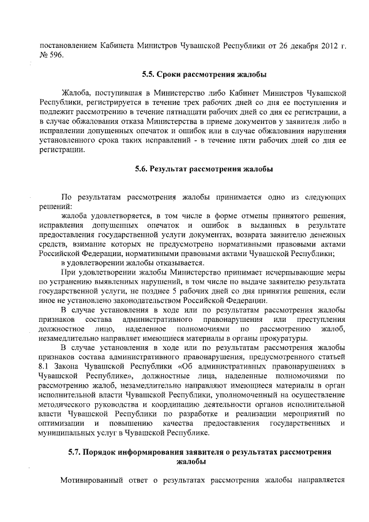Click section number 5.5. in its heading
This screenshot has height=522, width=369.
(151, 74)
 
